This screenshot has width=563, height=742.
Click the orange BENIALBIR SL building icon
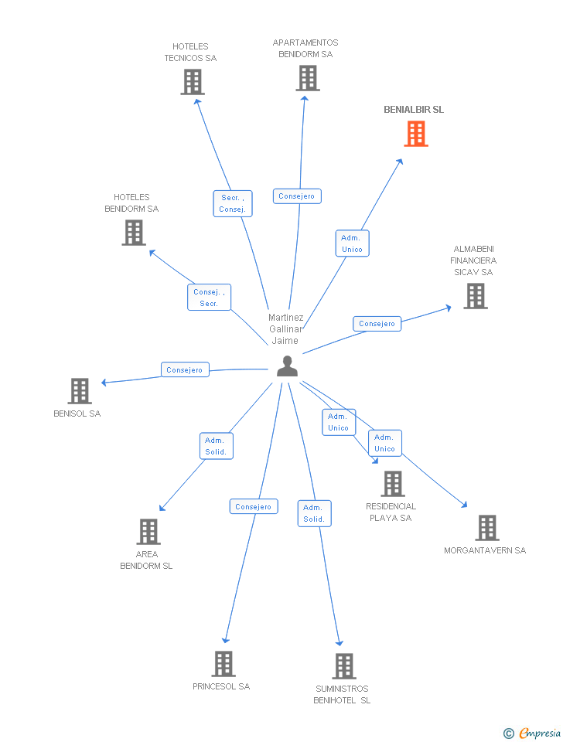coord(416,134)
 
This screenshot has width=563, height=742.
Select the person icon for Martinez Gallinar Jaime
coord(287,366)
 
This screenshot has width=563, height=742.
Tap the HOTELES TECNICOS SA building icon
coord(193,82)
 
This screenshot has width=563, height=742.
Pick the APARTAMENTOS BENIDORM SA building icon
coord(307,78)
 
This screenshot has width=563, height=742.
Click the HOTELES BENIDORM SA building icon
coord(134,233)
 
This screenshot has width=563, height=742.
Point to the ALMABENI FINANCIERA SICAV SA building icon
coord(476,296)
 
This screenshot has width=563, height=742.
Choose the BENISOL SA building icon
coord(80,391)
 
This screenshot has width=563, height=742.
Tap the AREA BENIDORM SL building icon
coord(148,532)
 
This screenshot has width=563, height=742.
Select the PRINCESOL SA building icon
coord(223,664)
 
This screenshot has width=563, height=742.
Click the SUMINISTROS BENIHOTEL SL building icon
coord(343,666)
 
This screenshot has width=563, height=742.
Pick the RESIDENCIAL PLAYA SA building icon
coord(393,484)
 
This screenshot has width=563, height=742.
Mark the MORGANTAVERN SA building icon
coord(486,528)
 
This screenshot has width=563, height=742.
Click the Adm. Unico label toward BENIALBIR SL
coord(352,243)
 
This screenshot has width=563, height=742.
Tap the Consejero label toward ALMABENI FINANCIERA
coord(377,324)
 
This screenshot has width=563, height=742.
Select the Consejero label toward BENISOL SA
coord(185,369)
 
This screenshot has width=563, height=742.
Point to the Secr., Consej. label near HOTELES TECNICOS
coord(232,203)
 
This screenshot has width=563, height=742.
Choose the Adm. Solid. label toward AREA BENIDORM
coord(215,446)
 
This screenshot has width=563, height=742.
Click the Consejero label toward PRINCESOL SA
coord(253,507)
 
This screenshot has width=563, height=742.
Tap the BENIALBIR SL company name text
coord(414,110)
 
